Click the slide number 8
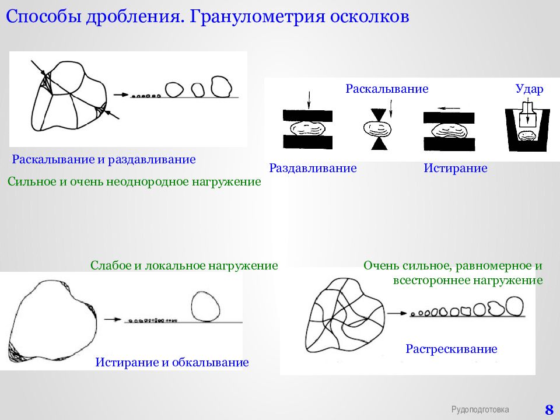pos(549,409)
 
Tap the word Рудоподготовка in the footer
pos(480,409)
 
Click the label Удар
pos(529,89)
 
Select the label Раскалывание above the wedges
pos(387,89)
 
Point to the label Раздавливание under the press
pos(313,168)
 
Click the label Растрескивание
pos(452,349)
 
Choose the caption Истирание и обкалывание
pos(172,362)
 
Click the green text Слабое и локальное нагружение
pos(184,265)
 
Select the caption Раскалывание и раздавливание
pos(104,159)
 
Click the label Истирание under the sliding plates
pos(456,168)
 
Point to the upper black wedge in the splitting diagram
pos(378,115)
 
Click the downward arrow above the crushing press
pos(309,100)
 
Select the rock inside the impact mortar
pos(526,136)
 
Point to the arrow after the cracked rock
pos(397,313)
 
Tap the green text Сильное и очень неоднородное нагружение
pos(134,182)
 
